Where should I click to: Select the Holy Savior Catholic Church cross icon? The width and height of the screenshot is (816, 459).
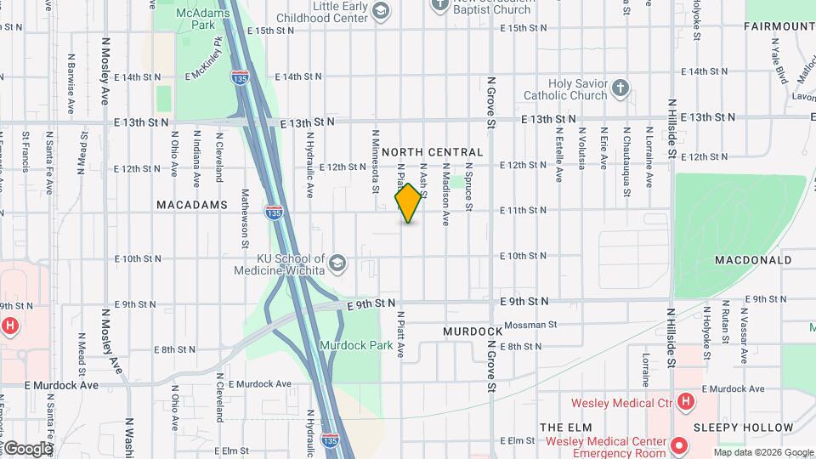[x=621, y=88]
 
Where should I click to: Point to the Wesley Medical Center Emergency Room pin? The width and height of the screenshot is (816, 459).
[x=679, y=445]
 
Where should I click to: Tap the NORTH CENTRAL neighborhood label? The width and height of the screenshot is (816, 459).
[x=433, y=152]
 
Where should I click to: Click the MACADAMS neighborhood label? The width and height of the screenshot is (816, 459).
[x=192, y=205]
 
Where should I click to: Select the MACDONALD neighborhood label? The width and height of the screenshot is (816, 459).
[x=753, y=260]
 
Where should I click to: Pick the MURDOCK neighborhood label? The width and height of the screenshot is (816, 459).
[x=473, y=331]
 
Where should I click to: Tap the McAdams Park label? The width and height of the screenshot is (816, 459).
[x=197, y=19]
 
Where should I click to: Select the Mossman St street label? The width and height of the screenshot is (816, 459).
[x=530, y=325]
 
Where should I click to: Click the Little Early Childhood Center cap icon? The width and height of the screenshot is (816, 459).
[x=380, y=10]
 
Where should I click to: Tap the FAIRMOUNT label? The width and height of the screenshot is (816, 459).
[x=779, y=26]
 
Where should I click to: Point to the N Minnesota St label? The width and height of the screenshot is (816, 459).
[x=374, y=154]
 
